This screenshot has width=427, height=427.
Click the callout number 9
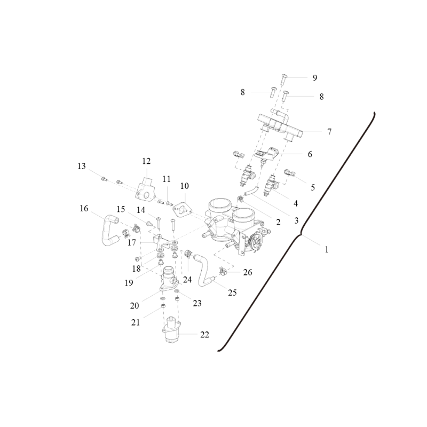pyautogui.click(x=315, y=78)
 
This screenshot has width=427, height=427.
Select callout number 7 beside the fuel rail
pyautogui.click(x=329, y=132)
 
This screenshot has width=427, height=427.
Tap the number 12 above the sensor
pyautogui.click(x=146, y=161)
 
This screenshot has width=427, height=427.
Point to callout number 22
pyautogui.click(x=204, y=335)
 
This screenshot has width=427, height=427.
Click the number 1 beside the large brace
pyautogui.click(x=327, y=249)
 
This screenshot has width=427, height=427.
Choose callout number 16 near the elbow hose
pyautogui.click(x=84, y=209)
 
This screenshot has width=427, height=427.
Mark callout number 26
pyautogui.click(x=248, y=272)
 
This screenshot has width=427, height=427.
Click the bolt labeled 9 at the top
pyautogui.click(x=283, y=79)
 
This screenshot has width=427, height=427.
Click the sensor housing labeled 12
pyautogui.click(x=146, y=188)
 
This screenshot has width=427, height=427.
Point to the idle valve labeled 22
pyautogui.click(x=171, y=330)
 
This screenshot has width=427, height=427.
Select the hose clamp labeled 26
pyautogui.click(x=223, y=271)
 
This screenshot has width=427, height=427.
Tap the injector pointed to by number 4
pyautogui.click(x=271, y=186)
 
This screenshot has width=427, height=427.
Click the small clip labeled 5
pyautogui.click(x=289, y=172)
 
